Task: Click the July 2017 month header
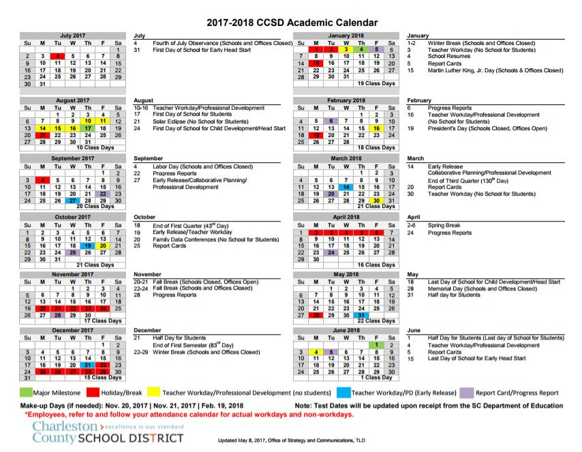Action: [74, 35]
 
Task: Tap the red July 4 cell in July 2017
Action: [58, 56]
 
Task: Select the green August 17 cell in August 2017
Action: [88, 128]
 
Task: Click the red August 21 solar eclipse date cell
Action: [43, 135]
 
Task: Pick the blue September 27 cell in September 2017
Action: [73, 200]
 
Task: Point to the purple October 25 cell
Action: [73, 252]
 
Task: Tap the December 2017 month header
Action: [74, 331]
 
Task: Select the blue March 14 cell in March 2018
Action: [346, 187]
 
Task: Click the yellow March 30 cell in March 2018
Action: [376, 200]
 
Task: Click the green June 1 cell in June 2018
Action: [376, 345]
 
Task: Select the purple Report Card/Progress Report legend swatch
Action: [466, 393]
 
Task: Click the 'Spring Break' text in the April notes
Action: [444, 226]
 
